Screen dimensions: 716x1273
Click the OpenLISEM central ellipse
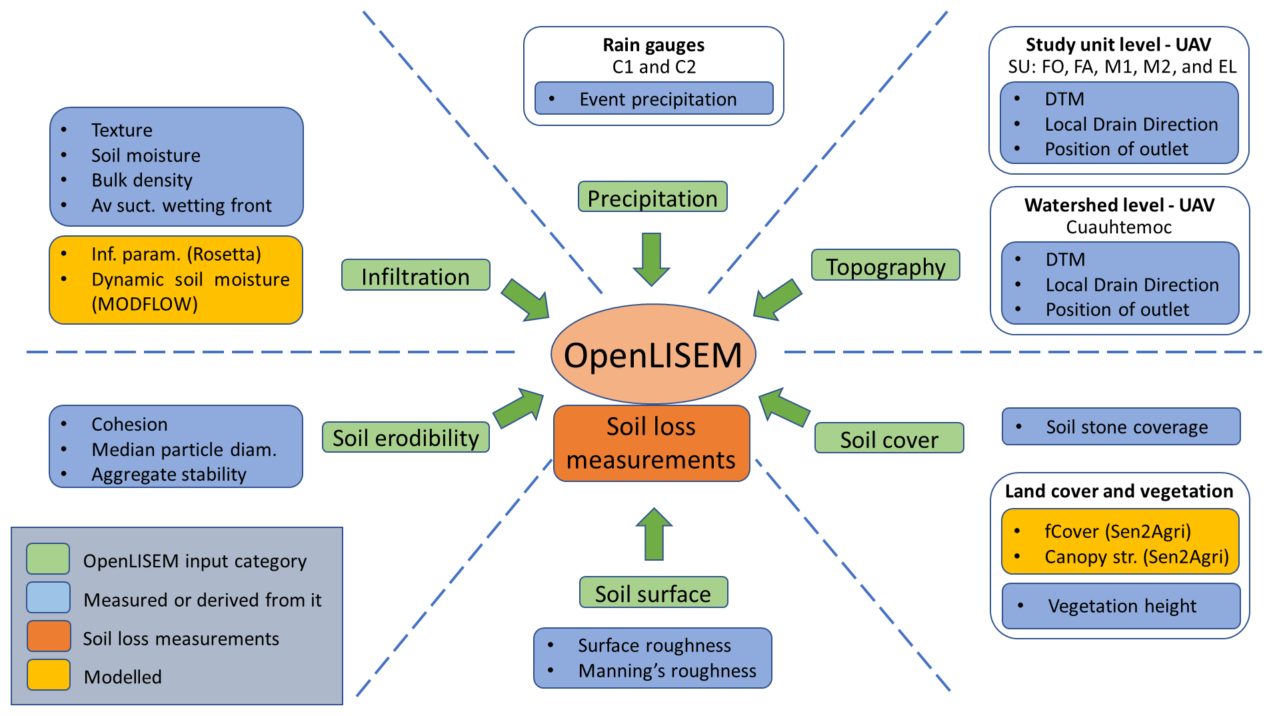652,354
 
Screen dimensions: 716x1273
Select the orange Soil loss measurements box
651,443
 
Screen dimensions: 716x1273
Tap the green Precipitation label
652,197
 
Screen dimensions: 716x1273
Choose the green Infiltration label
415,275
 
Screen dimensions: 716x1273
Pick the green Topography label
885,266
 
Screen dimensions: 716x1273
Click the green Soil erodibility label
405,438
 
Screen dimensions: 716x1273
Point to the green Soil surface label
652,593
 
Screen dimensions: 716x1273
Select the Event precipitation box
654,99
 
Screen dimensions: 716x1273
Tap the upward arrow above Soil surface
654,534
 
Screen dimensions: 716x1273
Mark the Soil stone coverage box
1121,427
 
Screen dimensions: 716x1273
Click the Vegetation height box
1121,606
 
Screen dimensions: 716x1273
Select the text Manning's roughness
667,671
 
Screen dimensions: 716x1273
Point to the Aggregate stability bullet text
169,474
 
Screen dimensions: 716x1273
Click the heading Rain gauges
653,45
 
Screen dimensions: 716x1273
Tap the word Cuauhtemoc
1118,227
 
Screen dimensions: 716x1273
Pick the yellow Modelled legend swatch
49,675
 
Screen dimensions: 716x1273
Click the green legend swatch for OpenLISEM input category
48,559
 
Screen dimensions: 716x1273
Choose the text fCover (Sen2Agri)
1117,531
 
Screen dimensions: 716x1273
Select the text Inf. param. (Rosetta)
176,254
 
